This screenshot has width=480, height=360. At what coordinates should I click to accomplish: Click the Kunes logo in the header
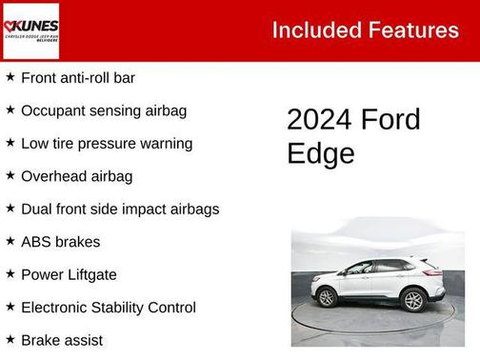point(32,30)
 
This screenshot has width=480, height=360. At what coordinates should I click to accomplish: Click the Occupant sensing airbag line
point(103,110)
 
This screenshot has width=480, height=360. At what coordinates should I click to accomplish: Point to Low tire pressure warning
point(106,143)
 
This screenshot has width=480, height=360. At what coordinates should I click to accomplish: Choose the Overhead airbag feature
point(76,176)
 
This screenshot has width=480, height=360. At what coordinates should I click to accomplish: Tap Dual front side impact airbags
point(119,209)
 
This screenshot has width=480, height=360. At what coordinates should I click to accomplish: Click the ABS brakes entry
point(60,242)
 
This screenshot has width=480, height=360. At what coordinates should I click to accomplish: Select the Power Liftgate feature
point(69,274)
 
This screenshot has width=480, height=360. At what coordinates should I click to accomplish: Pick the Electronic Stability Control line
point(108,308)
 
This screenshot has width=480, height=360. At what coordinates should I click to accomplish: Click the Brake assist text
point(62,340)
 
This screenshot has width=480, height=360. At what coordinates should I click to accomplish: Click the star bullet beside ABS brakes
point(10,241)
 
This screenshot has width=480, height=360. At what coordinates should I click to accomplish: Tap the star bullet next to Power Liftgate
point(10,273)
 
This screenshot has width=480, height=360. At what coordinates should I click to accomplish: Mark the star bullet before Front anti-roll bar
point(10,76)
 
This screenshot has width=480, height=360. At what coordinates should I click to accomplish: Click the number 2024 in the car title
point(319,120)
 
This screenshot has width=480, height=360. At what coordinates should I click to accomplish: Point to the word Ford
point(390,120)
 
